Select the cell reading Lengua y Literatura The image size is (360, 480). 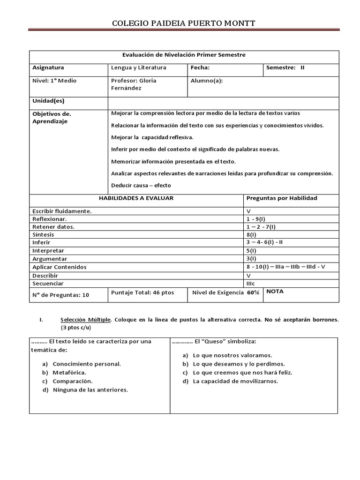tap(139, 68)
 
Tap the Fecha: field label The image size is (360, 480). tap(200, 68)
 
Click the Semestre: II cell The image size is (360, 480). tap(285, 68)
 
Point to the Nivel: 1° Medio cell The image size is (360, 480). tap(54, 81)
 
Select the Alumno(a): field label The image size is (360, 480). tap(207, 81)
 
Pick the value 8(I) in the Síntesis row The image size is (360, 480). tap(251, 234)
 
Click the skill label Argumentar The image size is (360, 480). tap(50, 259)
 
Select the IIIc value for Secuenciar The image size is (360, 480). tap(251, 284)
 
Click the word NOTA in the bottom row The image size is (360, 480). tap(275, 292)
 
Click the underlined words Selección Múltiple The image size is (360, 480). tap(86, 320)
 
